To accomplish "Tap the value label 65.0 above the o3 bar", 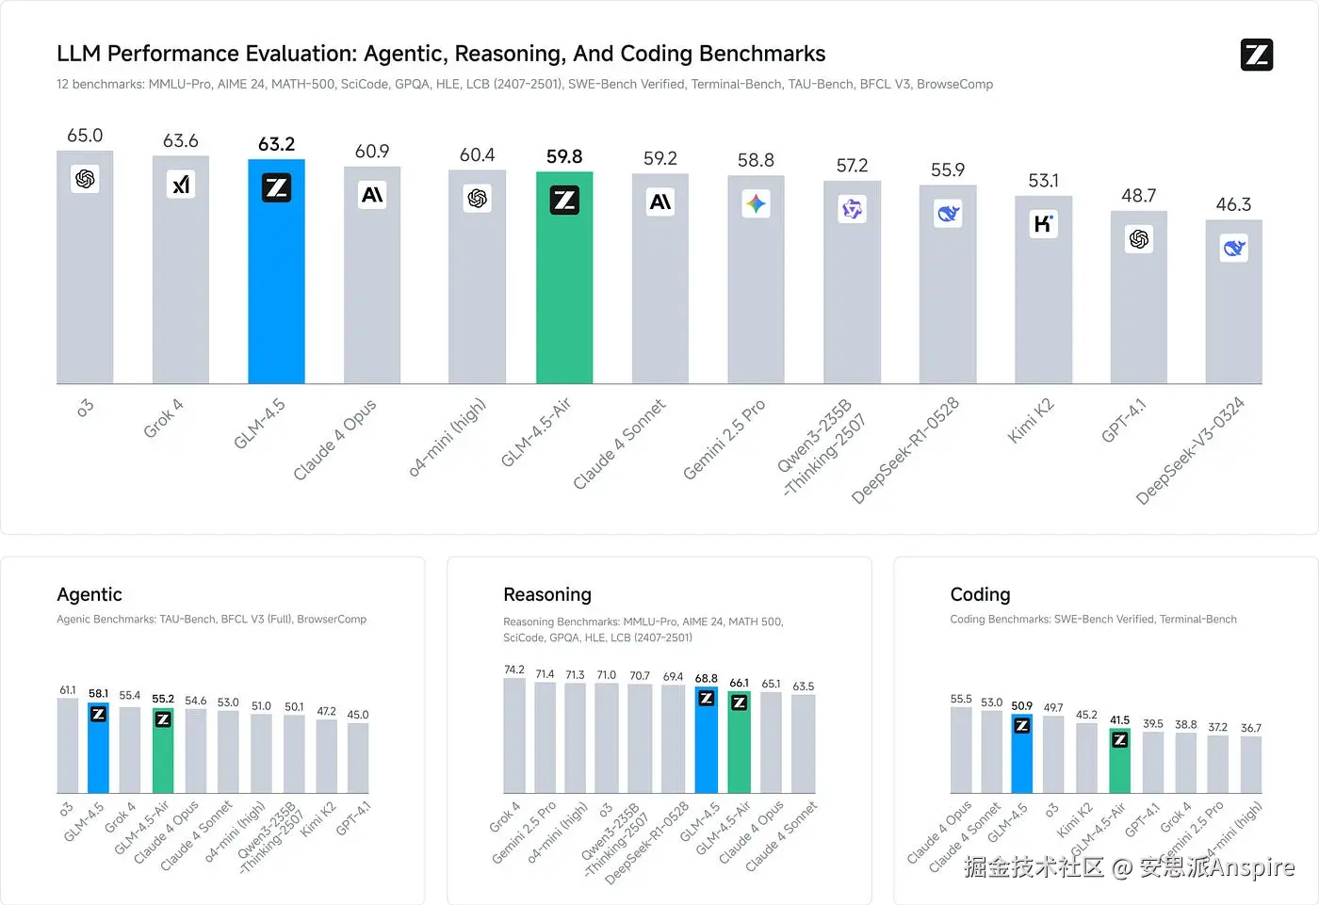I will [x=85, y=136].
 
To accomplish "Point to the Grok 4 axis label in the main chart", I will [x=163, y=418].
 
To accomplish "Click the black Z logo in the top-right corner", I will [x=1257, y=55].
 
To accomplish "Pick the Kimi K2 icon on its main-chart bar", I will [x=1043, y=224].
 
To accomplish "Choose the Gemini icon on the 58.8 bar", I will [x=756, y=203].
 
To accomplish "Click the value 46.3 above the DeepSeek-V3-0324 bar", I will [x=1233, y=204].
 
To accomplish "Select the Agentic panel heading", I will [x=90, y=594].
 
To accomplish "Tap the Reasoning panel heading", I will [x=547, y=594].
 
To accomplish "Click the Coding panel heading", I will [x=980, y=594].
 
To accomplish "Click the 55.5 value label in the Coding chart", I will [x=961, y=699].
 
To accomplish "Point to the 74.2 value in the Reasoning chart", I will [x=514, y=670].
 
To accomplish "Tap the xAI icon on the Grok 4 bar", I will [x=181, y=185].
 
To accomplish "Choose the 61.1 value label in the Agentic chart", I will [x=68, y=690].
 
